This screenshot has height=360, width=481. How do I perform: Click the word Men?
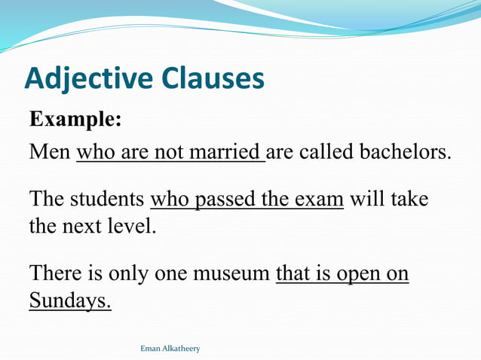(49, 152)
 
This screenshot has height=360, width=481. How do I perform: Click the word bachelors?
(403, 152)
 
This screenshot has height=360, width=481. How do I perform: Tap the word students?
(108, 200)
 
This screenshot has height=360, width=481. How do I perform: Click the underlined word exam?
(320, 200)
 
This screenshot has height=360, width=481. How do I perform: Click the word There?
(54, 273)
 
